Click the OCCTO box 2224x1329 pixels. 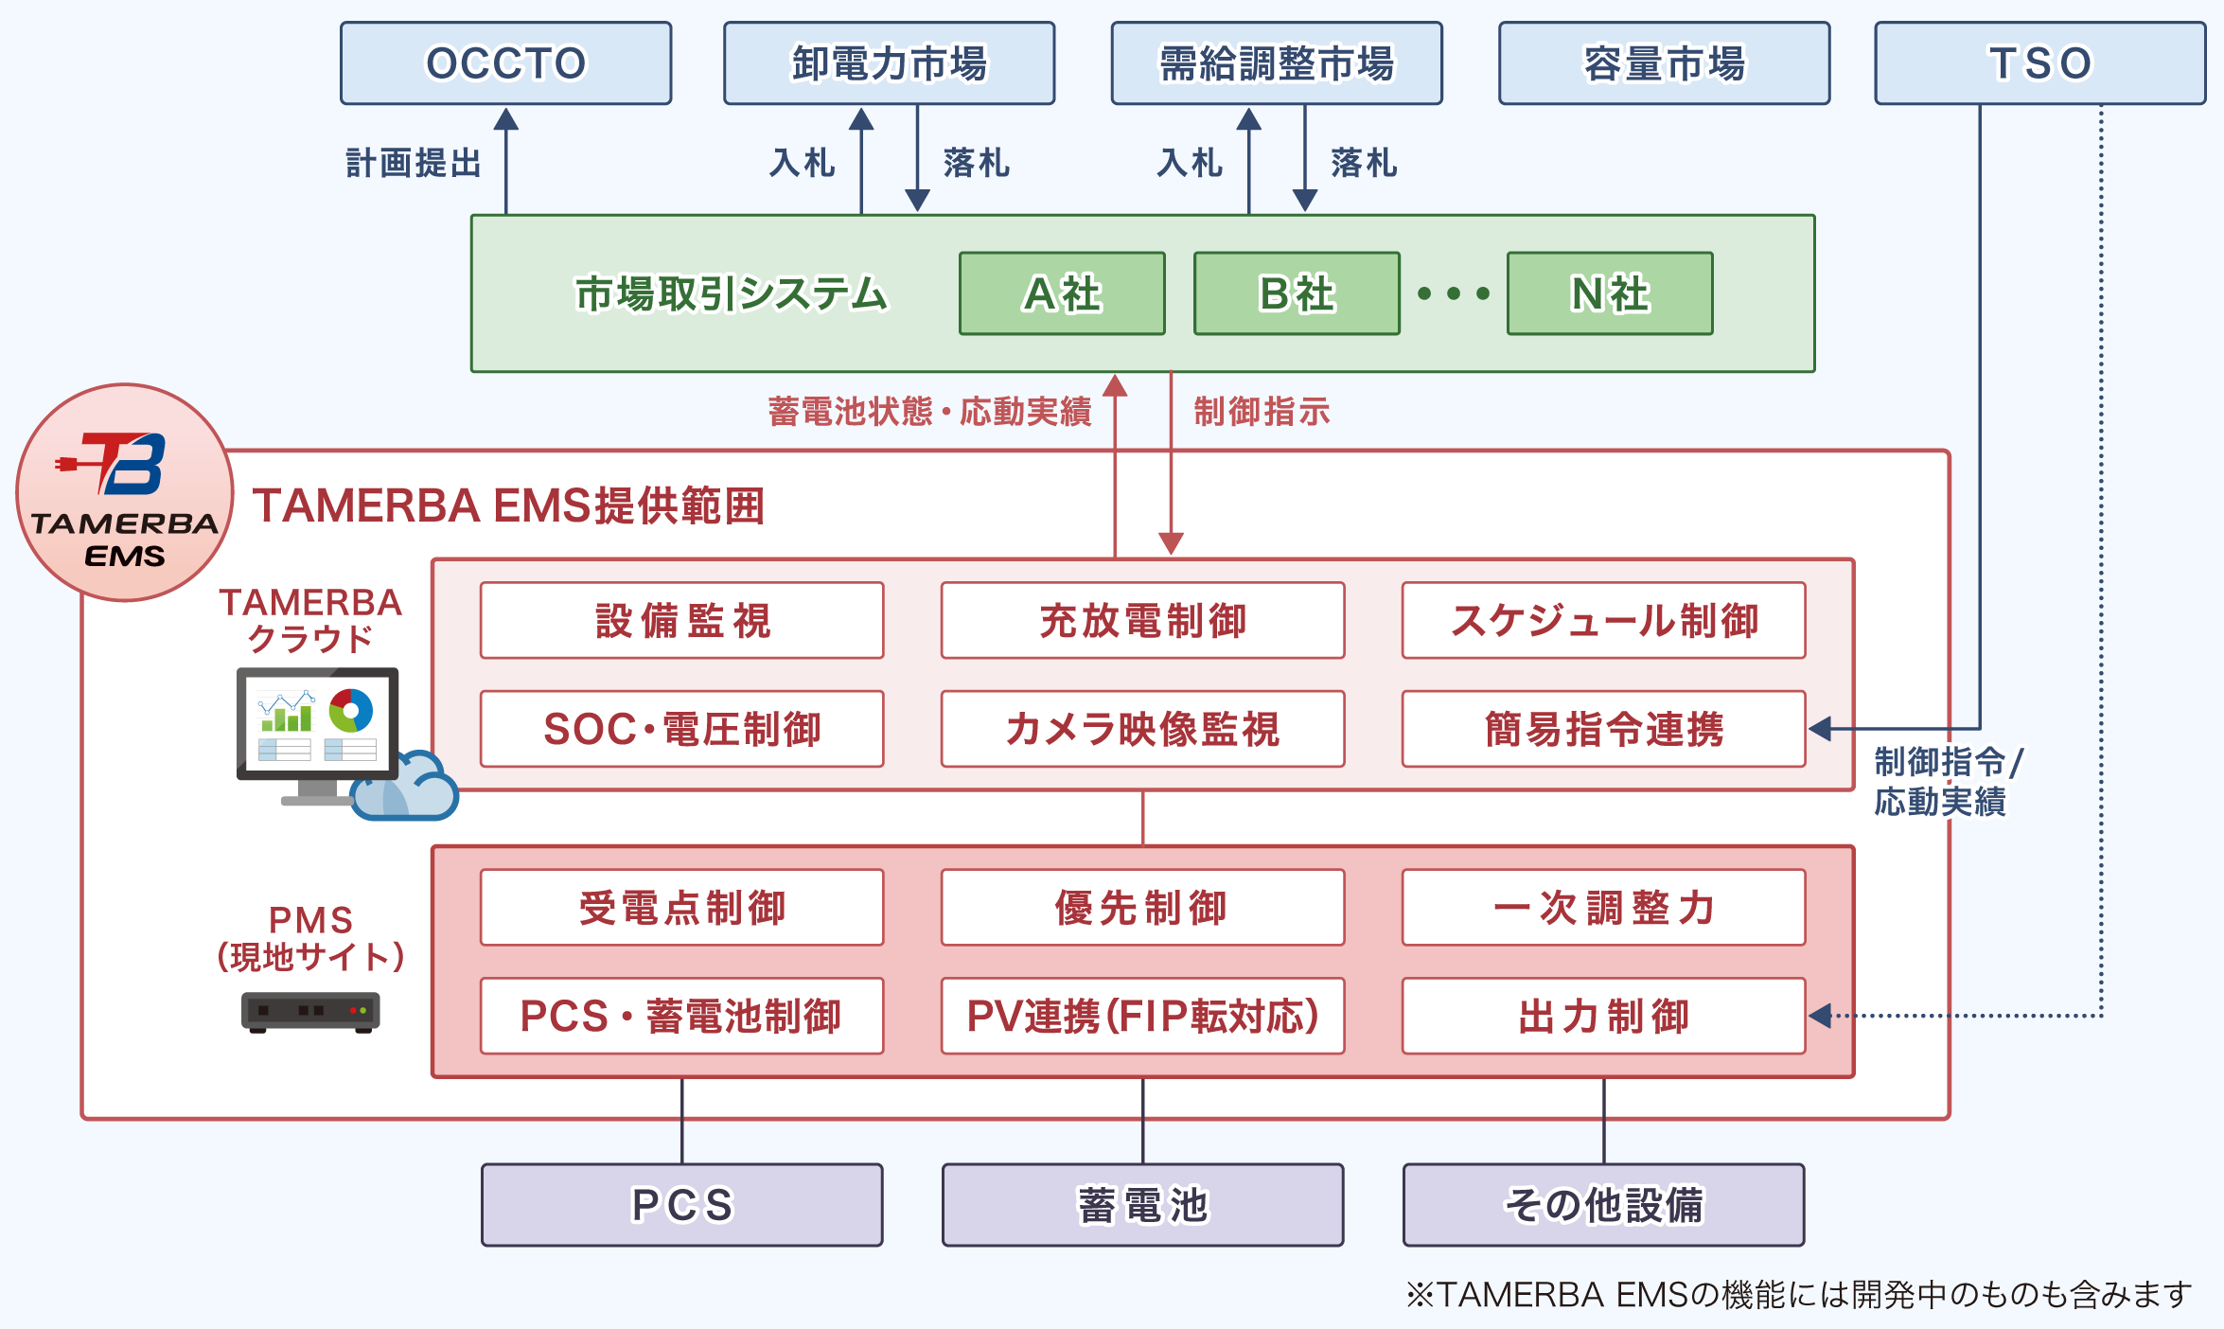pyautogui.click(x=505, y=63)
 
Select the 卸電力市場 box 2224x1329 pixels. pyautogui.click(x=889, y=63)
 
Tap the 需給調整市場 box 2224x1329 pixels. pyautogui.click(x=1276, y=63)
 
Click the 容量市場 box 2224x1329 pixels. pyautogui.click(x=1664, y=63)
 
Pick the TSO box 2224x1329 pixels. pyautogui.click(x=2039, y=63)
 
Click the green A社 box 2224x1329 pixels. pyautogui.click(x=1062, y=293)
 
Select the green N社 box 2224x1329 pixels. pyautogui.click(x=1609, y=293)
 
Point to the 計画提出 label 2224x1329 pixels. pyautogui.click(x=414, y=163)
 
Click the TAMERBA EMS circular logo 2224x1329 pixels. pyautogui.click(x=125, y=492)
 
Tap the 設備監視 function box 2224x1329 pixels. pyautogui.click(x=681, y=621)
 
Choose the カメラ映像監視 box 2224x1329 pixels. pyautogui.click(x=1142, y=729)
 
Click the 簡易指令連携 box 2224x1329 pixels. pyautogui.click(x=1603, y=729)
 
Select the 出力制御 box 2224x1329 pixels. pyautogui.click(x=1603, y=1016)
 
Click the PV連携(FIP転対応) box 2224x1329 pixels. pyautogui.click(x=1142, y=1016)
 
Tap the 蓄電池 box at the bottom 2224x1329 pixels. pyautogui.click(x=1142, y=1205)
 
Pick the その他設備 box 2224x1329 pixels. pyautogui.click(x=1603, y=1205)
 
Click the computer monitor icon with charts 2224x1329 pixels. pyautogui.click(x=318, y=724)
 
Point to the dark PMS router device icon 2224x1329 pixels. pyautogui.click(x=310, y=1012)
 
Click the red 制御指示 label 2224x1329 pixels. pyautogui.click(x=1262, y=412)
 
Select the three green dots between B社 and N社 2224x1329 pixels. pyautogui.click(x=1454, y=293)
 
